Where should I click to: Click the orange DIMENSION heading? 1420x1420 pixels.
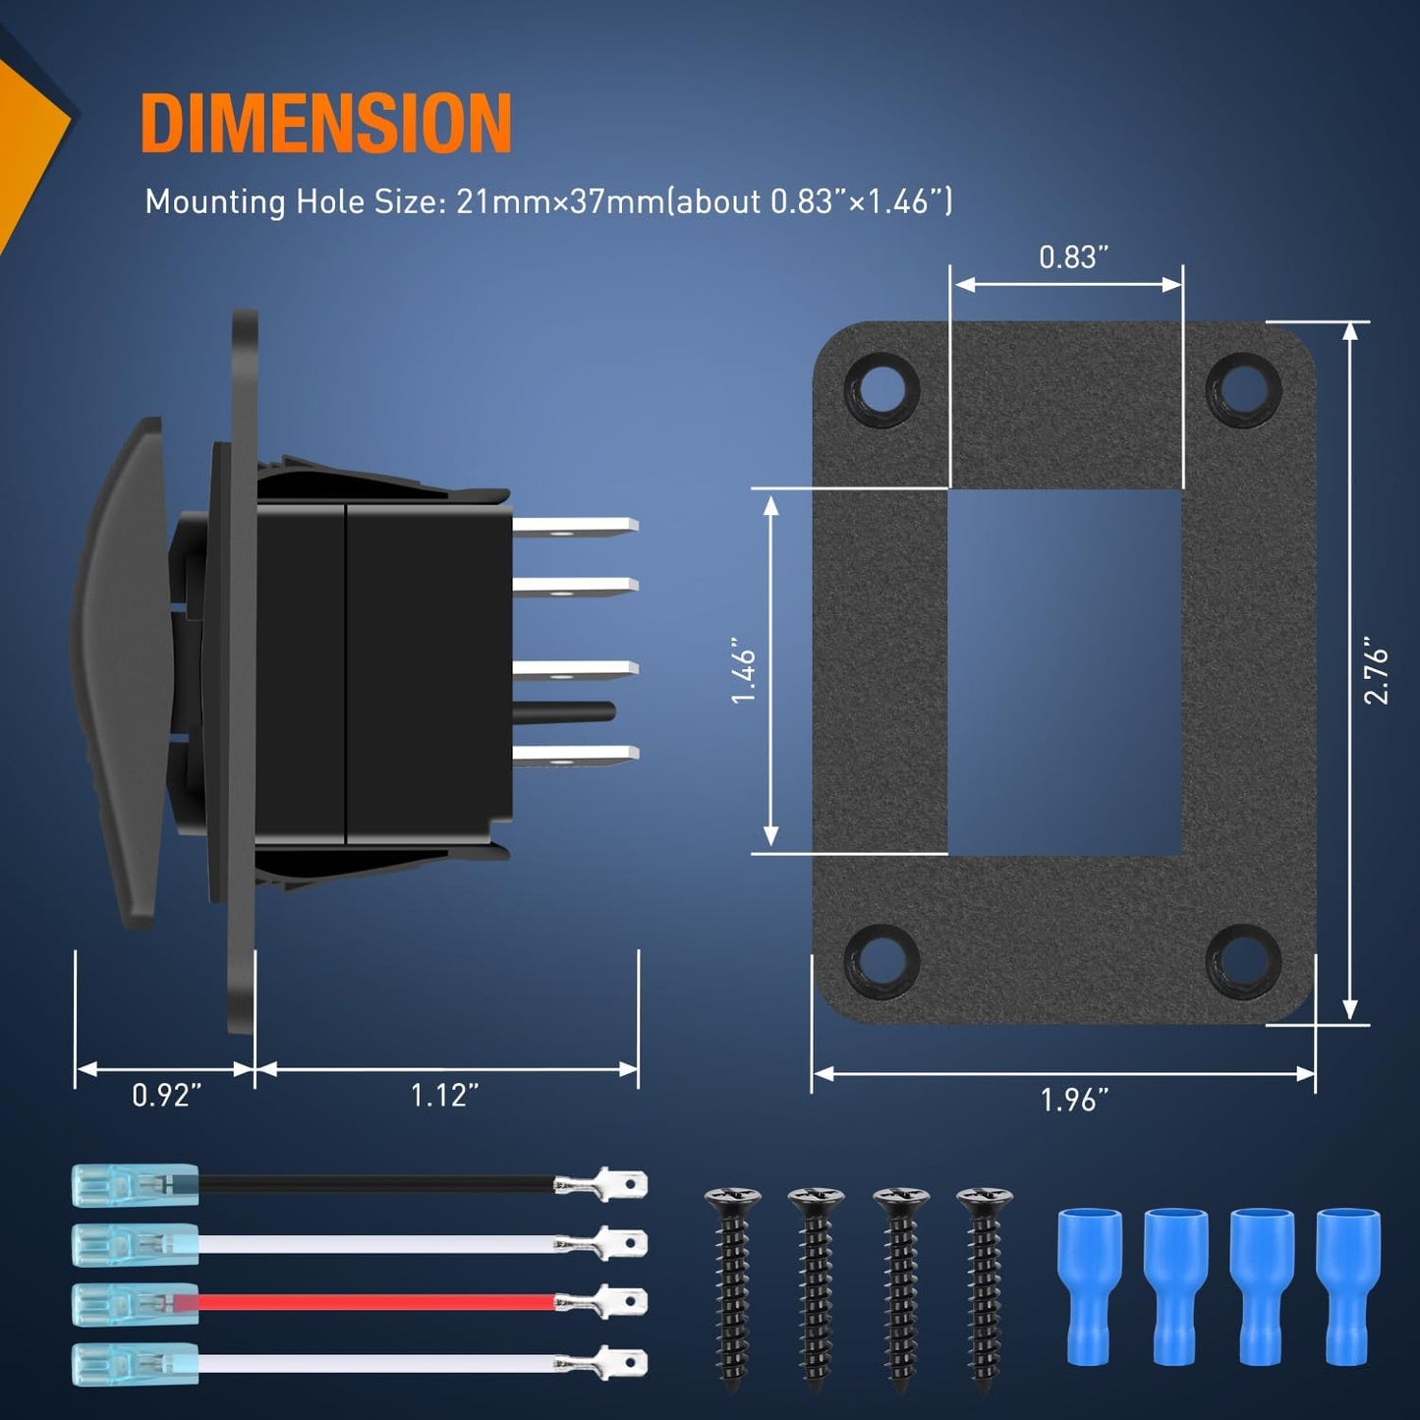point(325,122)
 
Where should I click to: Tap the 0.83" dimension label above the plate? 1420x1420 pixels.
point(1073,257)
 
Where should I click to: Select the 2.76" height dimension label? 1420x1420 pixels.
point(1375,670)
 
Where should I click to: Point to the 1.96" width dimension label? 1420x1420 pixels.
point(1074,1101)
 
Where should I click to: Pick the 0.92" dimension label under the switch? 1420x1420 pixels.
point(166,1096)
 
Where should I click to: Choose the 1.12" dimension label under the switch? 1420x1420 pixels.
point(444,1096)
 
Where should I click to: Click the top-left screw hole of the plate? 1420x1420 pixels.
point(882,388)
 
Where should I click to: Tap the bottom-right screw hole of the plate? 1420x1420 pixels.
point(1243,961)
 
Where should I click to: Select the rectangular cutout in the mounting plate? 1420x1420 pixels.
point(1065,671)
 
